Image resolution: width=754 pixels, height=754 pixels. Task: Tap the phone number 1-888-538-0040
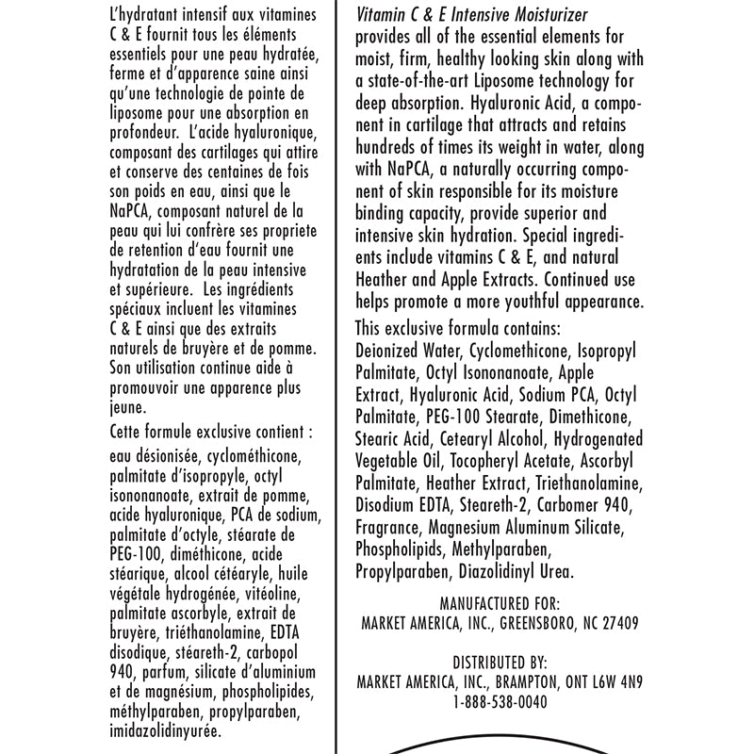tap(500, 701)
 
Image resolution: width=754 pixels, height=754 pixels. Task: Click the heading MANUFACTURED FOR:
tap(500, 604)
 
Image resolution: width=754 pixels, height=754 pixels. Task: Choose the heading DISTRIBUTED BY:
tap(500, 664)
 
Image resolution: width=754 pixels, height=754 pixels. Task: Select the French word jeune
tap(128, 408)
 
